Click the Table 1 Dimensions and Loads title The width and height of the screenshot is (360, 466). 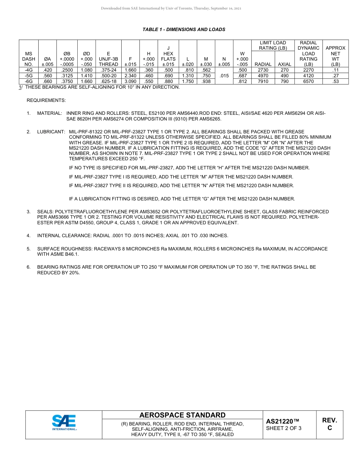click(184, 30)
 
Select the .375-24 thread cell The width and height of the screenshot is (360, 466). click(108, 70)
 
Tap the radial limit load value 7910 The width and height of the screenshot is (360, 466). click(263, 81)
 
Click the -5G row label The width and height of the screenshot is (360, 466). click(28, 76)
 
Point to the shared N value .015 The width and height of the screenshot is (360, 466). click(224, 76)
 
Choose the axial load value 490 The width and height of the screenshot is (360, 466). click(284, 76)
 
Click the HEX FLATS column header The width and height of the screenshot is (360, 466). click(168, 56)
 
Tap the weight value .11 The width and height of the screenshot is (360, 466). click(335, 70)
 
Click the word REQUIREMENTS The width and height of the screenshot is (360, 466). click(46, 100)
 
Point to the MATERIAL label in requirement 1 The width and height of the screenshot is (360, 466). click(49, 113)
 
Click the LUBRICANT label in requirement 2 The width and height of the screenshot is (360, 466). click(51, 132)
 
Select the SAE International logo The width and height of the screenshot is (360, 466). click(64, 422)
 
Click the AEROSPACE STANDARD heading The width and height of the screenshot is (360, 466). click(182, 415)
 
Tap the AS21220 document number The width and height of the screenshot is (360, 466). click(282, 421)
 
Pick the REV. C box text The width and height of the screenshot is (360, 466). click(329, 424)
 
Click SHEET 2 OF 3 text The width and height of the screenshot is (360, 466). click(284, 428)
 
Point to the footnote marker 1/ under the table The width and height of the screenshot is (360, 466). click(21, 87)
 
